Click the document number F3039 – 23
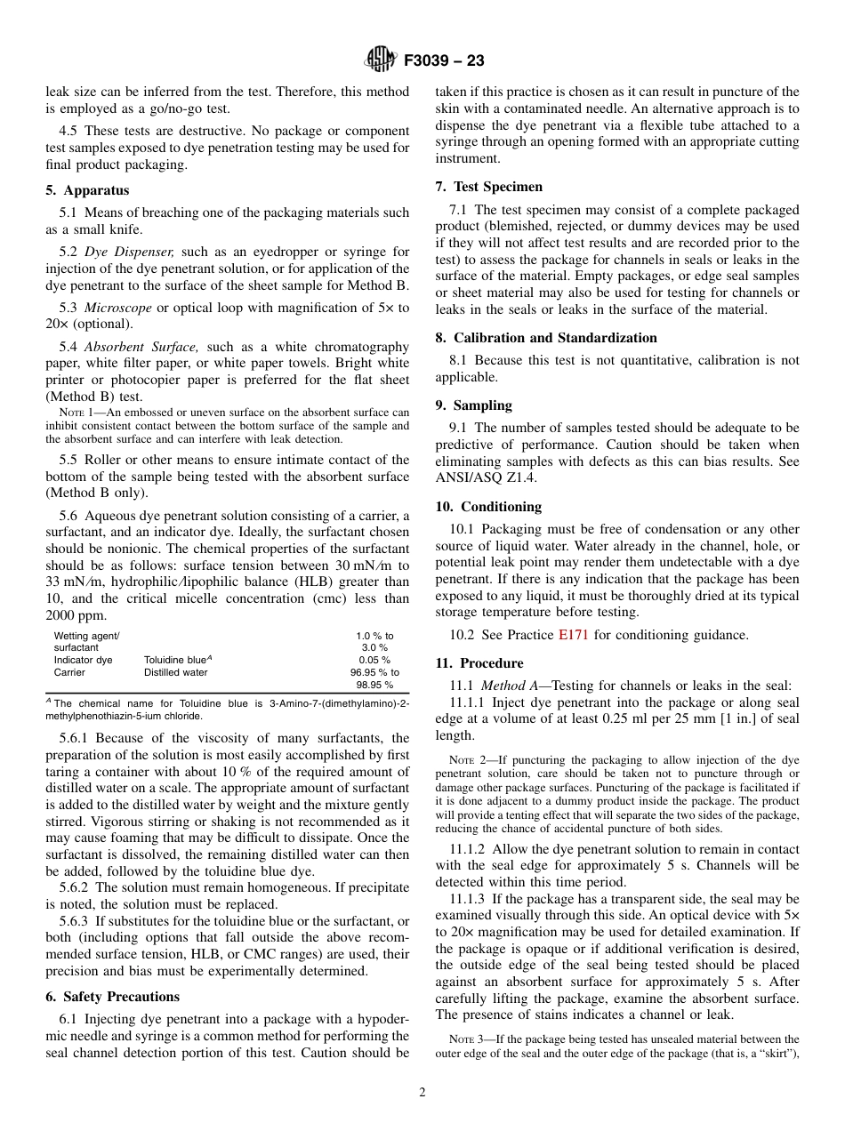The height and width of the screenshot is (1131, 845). coord(443,61)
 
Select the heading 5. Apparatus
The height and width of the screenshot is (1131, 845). coord(87,190)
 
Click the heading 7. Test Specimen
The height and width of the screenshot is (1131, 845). coord(488,187)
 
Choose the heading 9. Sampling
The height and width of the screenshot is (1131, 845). coord(473,405)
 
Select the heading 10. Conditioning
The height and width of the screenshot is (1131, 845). coord(488,507)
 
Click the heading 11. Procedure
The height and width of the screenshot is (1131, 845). coord(479,663)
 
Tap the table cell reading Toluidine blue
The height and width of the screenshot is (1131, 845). coord(176,660)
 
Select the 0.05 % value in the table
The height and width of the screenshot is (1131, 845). coord(374,660)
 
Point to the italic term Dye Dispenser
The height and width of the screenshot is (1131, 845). coord(129,253)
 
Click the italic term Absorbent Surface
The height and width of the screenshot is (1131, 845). coord(142,347)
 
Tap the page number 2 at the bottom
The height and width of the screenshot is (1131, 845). coord(422,1093)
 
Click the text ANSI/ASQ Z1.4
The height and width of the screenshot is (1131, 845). coord(480,478)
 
